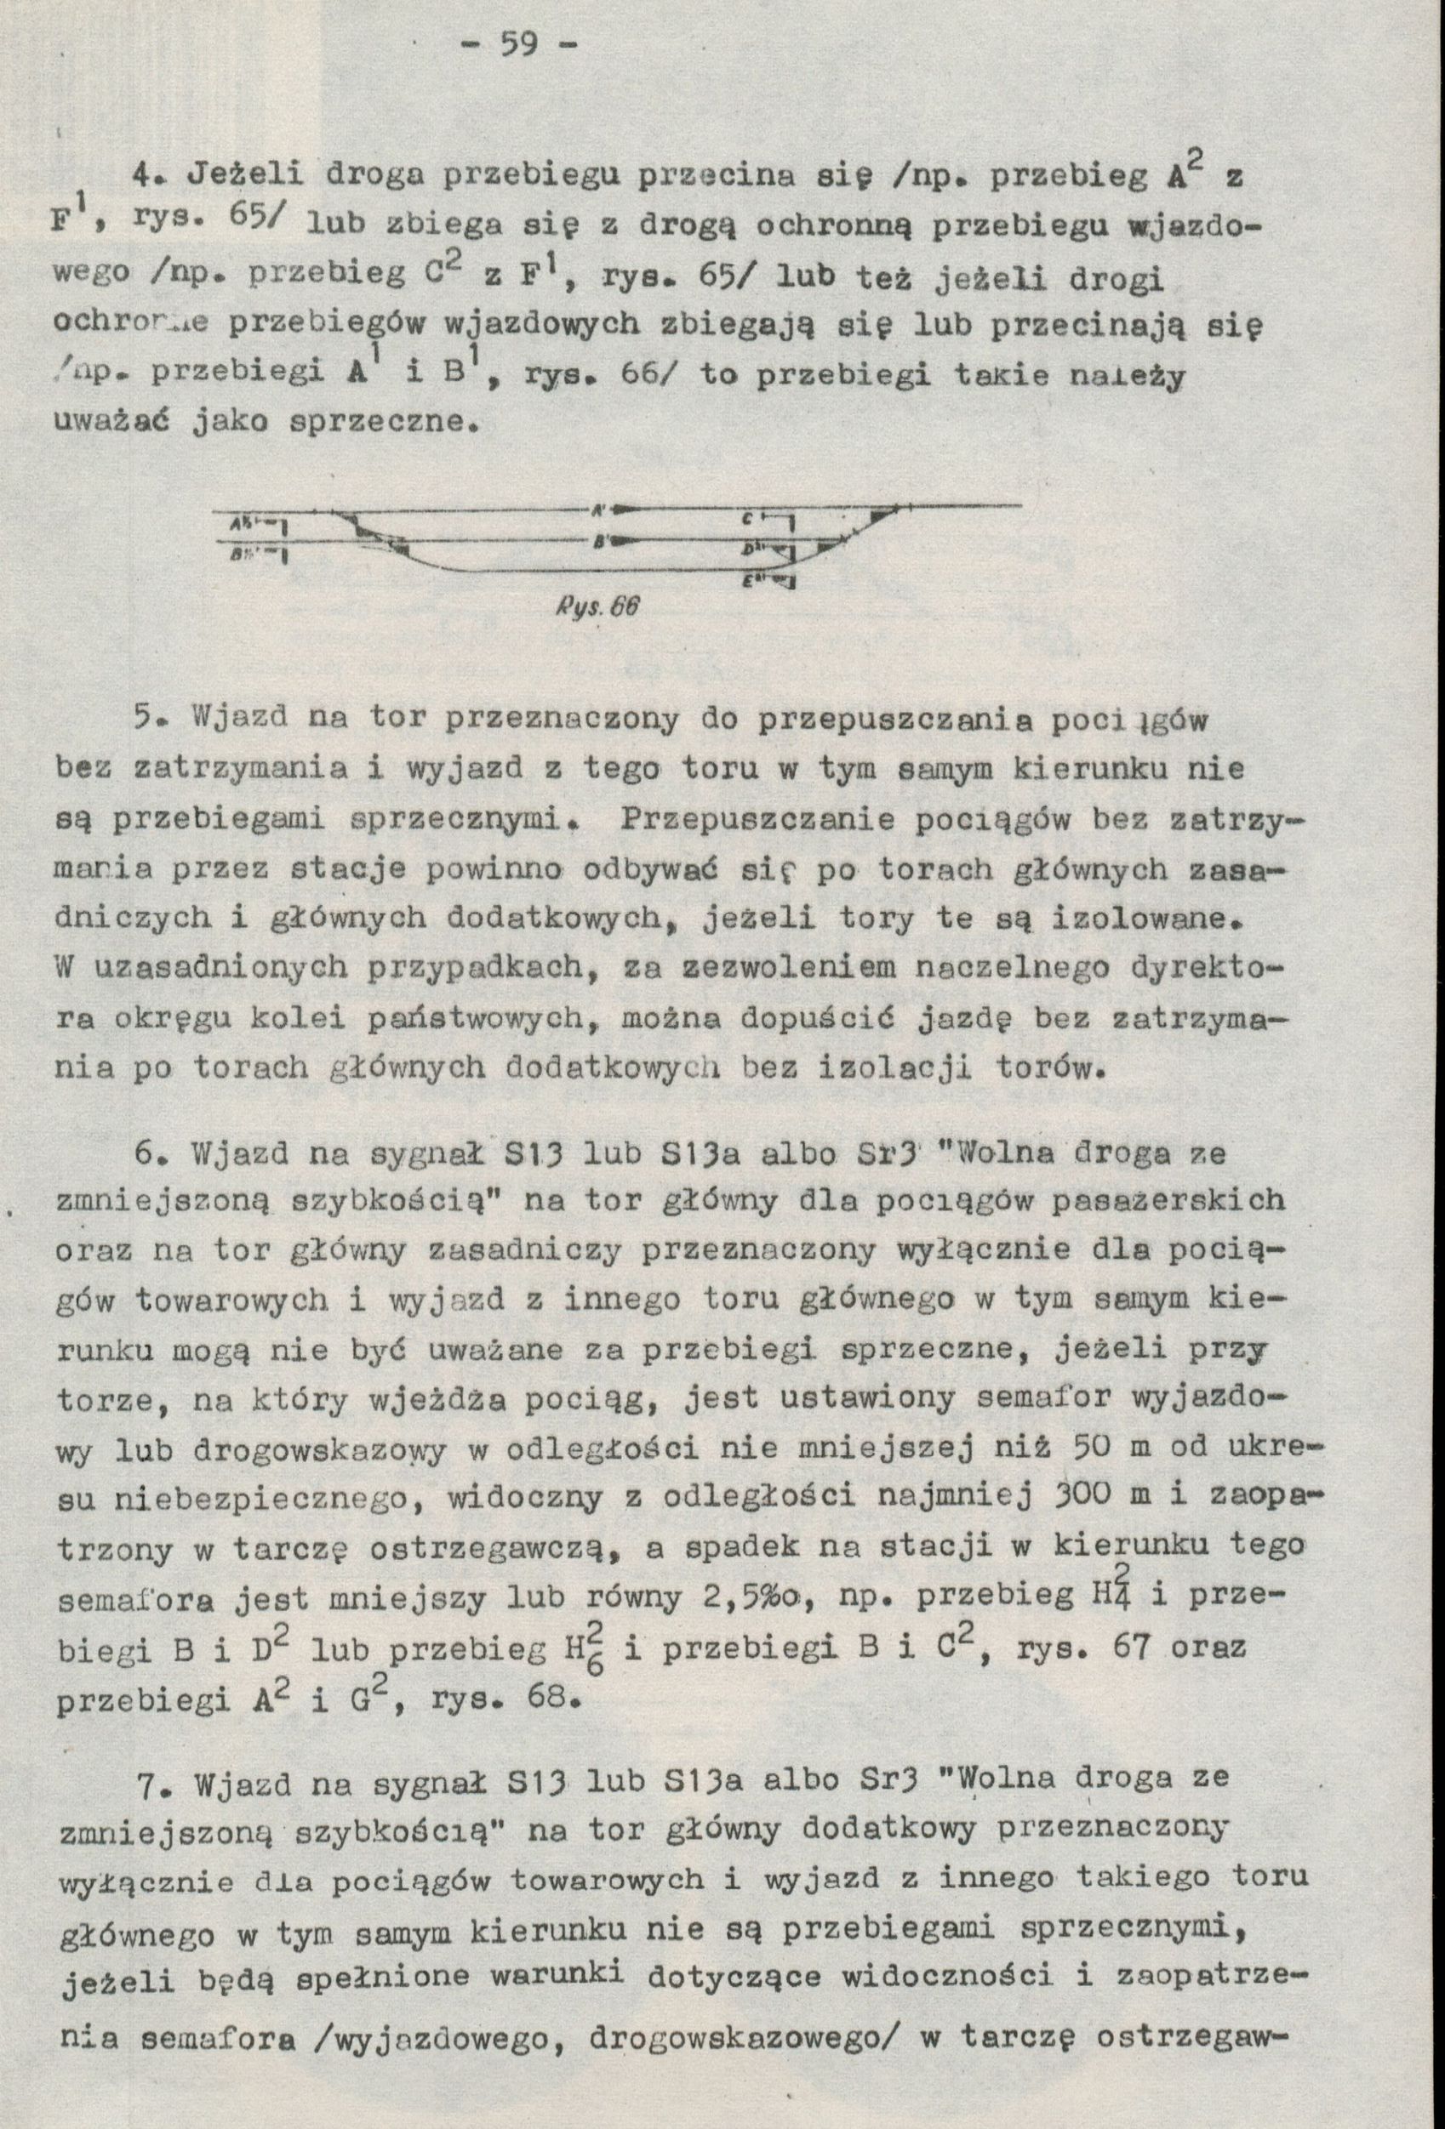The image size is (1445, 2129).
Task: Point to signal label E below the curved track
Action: [749, 579]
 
